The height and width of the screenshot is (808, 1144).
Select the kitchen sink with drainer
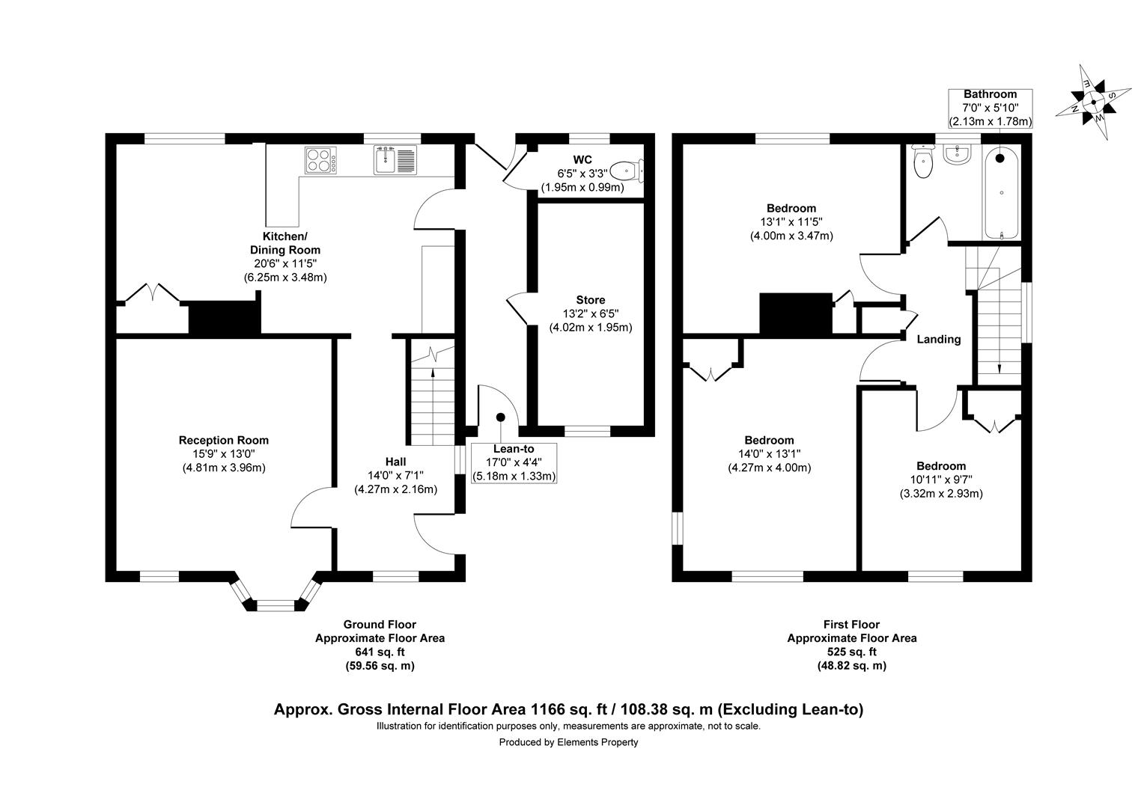coord(395,160)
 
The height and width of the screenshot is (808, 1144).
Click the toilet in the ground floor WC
coord(627,171)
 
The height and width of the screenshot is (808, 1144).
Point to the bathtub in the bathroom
coord(1000,193)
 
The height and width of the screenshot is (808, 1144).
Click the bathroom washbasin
coord(957,155)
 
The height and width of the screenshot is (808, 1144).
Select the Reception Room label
coord(223,440)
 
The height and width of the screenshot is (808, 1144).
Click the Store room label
coord(590,300)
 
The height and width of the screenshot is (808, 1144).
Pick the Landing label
coord(938,339)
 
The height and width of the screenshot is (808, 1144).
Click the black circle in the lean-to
coord(501,417)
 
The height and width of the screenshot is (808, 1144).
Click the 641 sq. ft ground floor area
coord(380,652)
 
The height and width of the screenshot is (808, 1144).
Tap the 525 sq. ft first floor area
coord(851,652)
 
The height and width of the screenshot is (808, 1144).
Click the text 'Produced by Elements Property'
coord(568,742)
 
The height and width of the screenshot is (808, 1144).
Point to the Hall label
coord(395,462)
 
